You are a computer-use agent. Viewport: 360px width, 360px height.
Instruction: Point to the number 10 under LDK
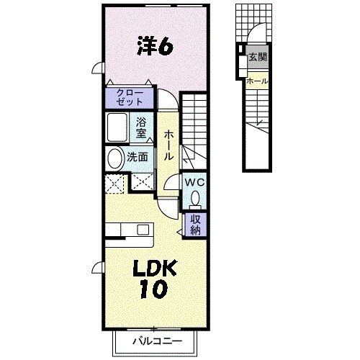153,289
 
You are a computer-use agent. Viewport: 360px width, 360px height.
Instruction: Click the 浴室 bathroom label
142,127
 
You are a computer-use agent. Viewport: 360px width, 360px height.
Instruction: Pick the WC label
194,183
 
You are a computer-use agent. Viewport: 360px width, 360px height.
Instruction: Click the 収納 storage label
196,225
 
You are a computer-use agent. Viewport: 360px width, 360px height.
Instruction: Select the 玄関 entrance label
257,57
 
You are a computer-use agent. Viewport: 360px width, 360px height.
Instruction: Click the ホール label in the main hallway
168,145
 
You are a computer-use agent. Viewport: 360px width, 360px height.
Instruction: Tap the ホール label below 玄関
257,81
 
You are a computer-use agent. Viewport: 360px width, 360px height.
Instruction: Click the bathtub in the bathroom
118,128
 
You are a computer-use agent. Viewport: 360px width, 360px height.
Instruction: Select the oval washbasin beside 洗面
115,158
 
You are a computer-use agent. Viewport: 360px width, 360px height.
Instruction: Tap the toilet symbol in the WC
194,198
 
